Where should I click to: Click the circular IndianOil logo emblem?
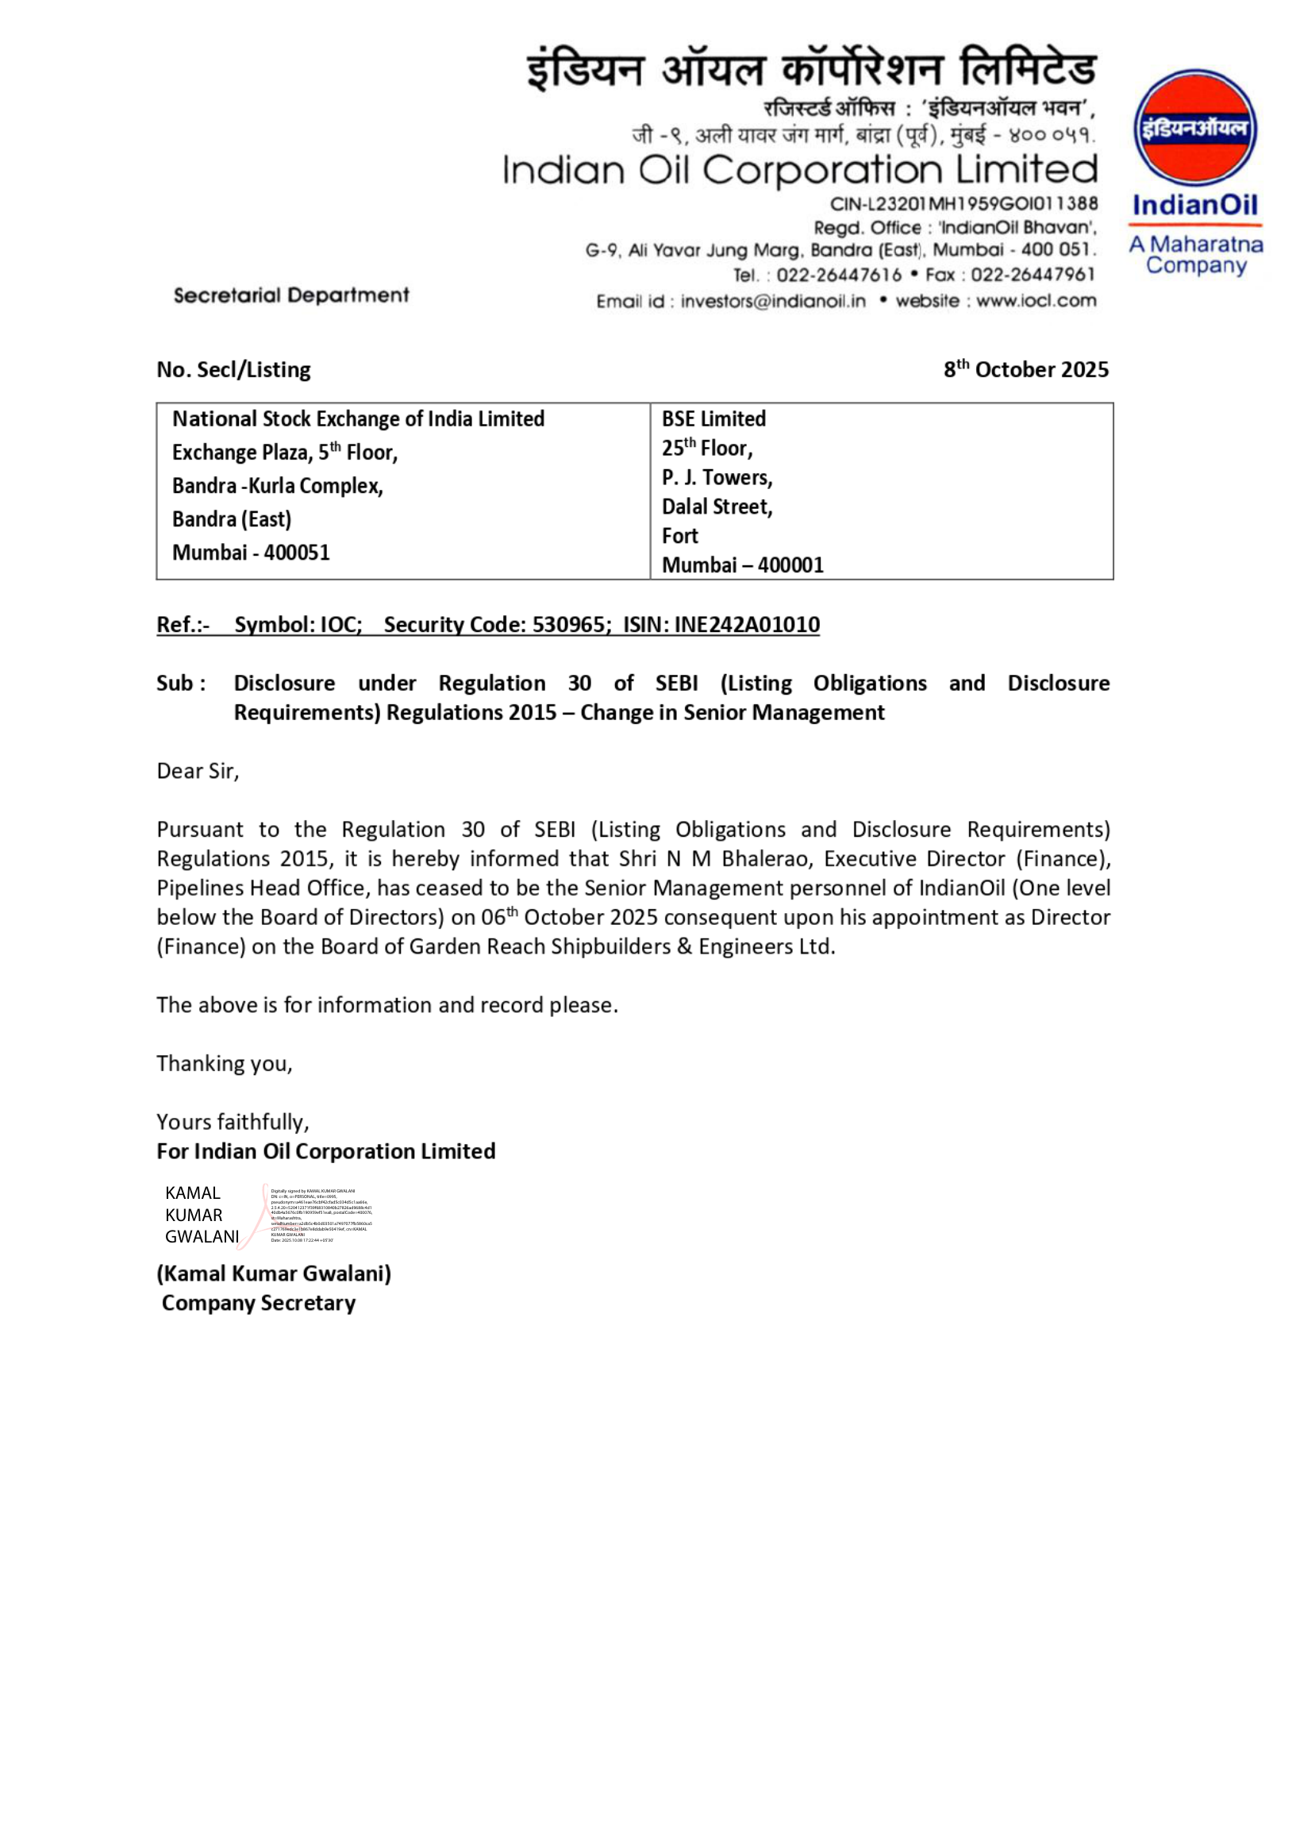pyautogui.click(x=1194, y=128)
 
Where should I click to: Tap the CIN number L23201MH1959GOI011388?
pyautogui.click(x=963, y=205)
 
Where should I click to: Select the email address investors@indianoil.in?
pyautogui.click(x=772, y=301)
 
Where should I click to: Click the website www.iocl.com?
pyautogui.click(x=1036, y=301)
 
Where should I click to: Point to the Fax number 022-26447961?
pyautogui.click(x=1033, y=275)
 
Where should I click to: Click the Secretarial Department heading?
pyautogui.click(x=290, y=295)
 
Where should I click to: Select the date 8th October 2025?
pyautogui.click(x=1025, y=369)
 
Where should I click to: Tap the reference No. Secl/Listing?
pyautogui.click(x=233, y=370)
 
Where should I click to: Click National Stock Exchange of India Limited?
pyautogui.click(x=358, y=419)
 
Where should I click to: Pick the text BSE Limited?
pyautogui.click(x=713, y=419)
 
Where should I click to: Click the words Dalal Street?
pyautogui.click(x=716, y=507)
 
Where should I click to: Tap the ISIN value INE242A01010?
pyautogui.click(x=746, y=625)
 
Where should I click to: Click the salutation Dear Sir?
pyautogui.click(x=198, y=772)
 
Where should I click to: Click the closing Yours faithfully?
pyautogui.click(x=233, y=1123)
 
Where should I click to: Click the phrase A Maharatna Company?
pyautogui.click(x=1195, y=255)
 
